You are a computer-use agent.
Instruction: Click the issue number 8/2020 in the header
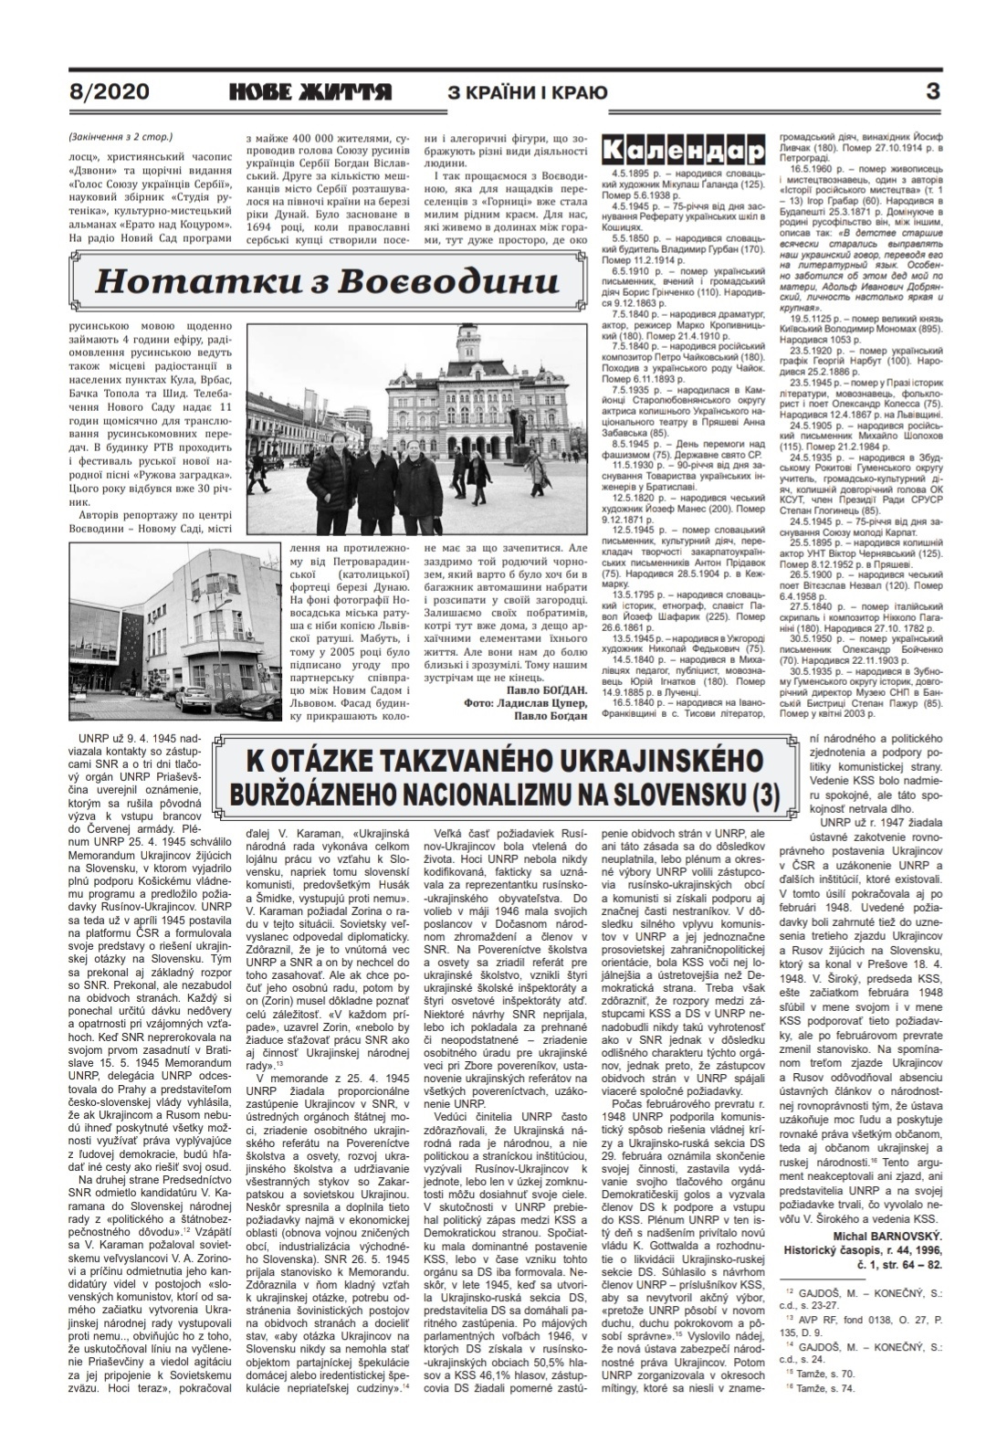coord(109,92)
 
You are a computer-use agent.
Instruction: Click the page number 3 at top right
coord(932,91)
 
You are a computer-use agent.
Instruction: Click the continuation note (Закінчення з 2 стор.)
coord(120,138)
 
